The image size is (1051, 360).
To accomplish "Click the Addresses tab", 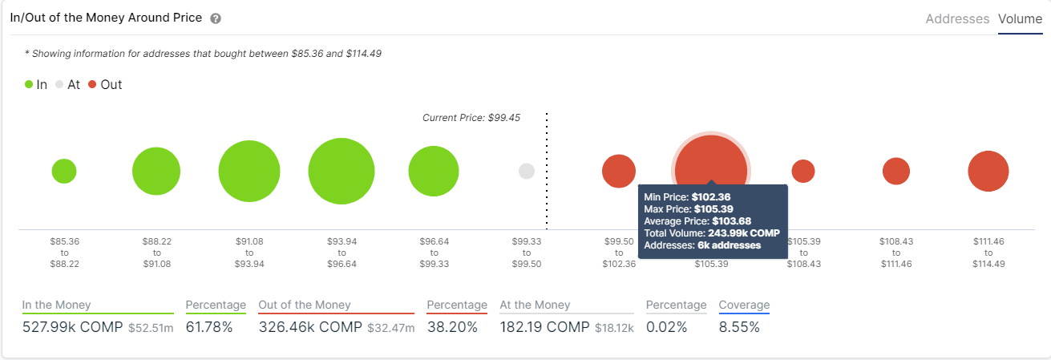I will [957, 18].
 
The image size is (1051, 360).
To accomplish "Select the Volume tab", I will [1020, 18].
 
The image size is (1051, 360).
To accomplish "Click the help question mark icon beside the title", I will [215, 18].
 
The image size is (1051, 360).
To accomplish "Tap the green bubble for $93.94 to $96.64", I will [342, 172].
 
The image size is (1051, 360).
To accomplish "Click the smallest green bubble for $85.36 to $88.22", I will [64, 171].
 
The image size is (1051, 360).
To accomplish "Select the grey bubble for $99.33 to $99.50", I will [527, 171].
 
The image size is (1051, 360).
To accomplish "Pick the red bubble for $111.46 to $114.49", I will [988, 172].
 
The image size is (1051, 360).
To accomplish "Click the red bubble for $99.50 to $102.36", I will [619, 172].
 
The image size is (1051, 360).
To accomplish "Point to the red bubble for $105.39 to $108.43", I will [803, 171].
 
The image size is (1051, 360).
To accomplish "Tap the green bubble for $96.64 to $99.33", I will [434, 172].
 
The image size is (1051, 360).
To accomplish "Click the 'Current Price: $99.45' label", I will [471, 118].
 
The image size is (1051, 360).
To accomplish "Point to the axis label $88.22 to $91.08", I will [156, 252].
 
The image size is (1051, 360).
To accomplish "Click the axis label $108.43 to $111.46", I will [895, 252].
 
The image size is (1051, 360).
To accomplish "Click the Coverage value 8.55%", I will [739, 327].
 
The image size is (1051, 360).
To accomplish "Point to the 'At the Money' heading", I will [535, 305].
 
